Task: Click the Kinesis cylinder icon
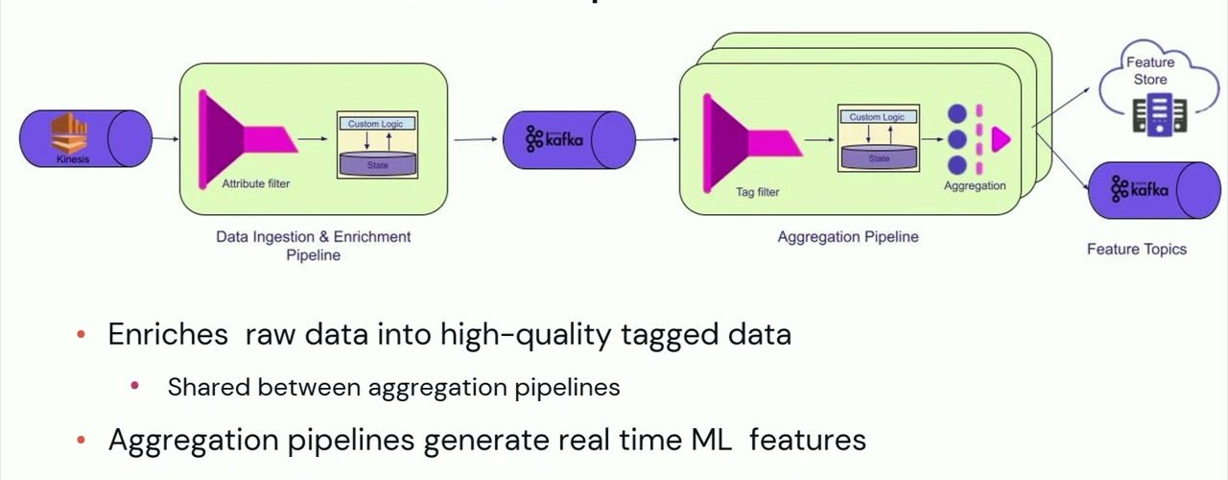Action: tap(85, 138)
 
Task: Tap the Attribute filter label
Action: tap(256, 183)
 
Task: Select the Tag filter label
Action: tap(757, 192)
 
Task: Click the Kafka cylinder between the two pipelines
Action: tap(569, 140)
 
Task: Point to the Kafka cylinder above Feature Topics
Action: tap(1152, 190)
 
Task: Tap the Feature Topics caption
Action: tap(1136, 250)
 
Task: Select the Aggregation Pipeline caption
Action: tap(847, 237)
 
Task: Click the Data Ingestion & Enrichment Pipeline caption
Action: tap(313, 246)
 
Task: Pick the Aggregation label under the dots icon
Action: tap(975, 185)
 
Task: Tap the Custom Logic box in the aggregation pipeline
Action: tap(877, 117)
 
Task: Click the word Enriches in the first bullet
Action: tap(168, 334)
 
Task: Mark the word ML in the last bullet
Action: tap(711, 440)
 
